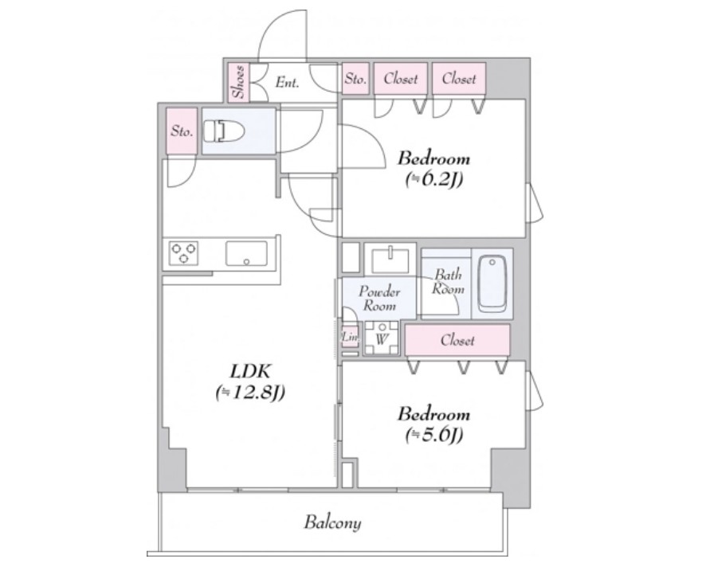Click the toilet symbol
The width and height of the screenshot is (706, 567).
pyautogui.click(x=223, y=131)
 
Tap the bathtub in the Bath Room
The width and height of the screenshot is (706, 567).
pyautogui.click(x=492, y=283)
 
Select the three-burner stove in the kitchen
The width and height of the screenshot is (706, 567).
pyautogui.click(x=183, y=253)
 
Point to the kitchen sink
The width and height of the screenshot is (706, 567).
pyautogui.click(x=246, y=254)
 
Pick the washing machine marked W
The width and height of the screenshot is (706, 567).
pyautogui.click(x=382, y=338)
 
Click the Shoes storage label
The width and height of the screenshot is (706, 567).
pyautogui.click(x=238, y=82)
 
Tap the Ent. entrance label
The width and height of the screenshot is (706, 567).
pyautogui.click(x=287, y=83)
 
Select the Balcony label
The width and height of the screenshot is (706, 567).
pyautogui.click(x=332, y=522)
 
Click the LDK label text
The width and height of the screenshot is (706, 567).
pyautogui.click(x=250, y=372)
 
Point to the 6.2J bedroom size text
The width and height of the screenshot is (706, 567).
pyautogui.click(x=434, y=180)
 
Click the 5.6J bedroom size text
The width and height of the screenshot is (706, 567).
pyautogui.click(x=434, y=435)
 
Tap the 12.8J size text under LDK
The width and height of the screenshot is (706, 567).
pyautogui.click(x=250, y=393)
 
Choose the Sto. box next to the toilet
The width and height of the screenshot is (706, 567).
pyautogui.click(x=182, y=131)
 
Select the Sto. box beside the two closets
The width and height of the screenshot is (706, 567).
pyautogui.click(x=355, y=79)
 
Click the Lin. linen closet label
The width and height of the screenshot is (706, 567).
pyautogui.click(x=350, y=337)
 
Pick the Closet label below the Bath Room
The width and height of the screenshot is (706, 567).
pyautogui.click(x=457, y=340)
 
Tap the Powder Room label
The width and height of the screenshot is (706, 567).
pyautogui.click(x=379, y=299)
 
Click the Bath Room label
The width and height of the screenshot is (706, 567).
pyautogui.click(x=448, y=281)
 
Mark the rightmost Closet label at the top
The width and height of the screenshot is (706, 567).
pyautogui.click(x=459, y=79)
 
